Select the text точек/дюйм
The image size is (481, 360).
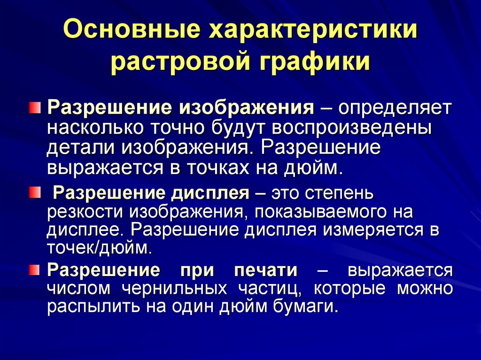tap(99, 247)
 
